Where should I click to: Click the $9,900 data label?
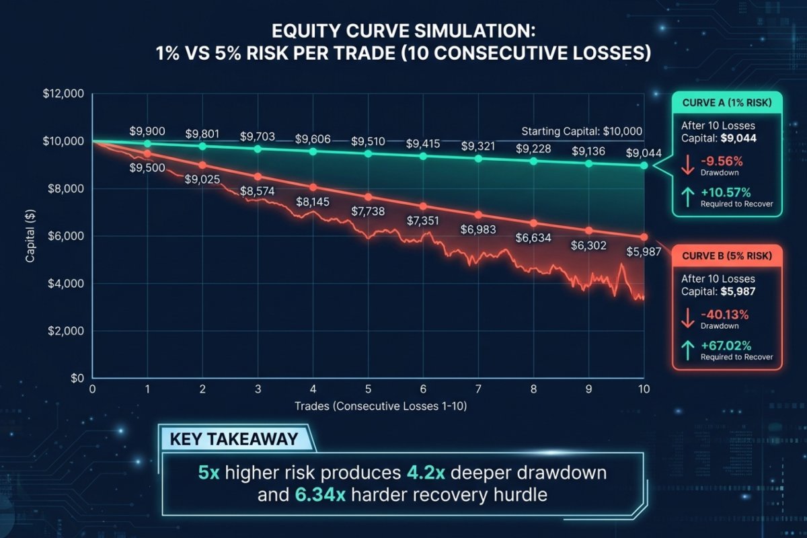(x=147, y=131)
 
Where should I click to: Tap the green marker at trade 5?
(x=368, y=154)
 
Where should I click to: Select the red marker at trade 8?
(x=533, y=223)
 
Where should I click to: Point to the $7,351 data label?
(x=423, y=221)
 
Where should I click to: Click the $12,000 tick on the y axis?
(x=63, y=93)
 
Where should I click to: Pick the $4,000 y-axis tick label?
(x=66, y=284)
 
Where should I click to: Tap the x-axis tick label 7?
(x=478, y=389)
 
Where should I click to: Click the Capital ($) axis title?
(x=30, y=236)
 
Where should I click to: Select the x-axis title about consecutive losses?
(x=381, y=406)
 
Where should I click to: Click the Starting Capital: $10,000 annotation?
(x=582, y=131)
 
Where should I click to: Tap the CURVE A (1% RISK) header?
(x=727, y=103)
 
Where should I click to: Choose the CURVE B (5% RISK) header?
(x=727, y=256)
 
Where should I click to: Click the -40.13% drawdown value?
(x=724, y=315)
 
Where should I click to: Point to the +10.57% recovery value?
(x=726, y=192)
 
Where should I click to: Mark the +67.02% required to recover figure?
(x=726, y=346)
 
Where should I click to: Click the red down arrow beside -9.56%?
(x=688, y=165)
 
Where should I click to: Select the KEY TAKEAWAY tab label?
(x=234, y=439)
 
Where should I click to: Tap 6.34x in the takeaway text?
(x=320, y=495)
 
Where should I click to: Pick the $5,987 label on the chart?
(x=644, y=252)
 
